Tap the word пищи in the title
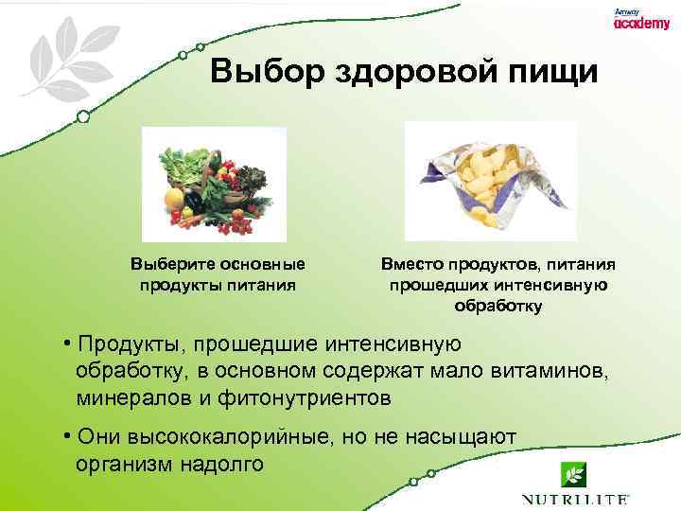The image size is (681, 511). point(554,72)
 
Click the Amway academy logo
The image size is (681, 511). point(640,20)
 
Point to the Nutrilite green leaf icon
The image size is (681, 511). point(572,474)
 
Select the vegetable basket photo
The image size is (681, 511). point(214,185)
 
